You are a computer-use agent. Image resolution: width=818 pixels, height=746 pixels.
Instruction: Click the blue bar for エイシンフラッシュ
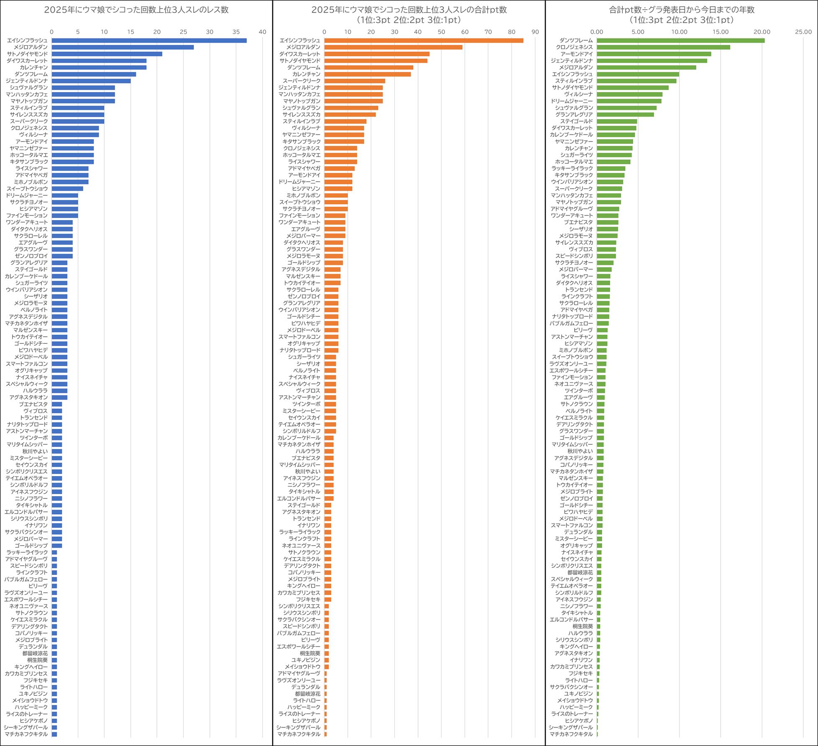click(149, 41)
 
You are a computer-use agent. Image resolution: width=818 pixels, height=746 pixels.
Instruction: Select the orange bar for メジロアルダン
click(393, 47)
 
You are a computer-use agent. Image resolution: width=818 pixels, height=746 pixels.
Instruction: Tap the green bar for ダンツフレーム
click(680, 41)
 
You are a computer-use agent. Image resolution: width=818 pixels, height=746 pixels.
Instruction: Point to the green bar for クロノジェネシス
click(663, 47)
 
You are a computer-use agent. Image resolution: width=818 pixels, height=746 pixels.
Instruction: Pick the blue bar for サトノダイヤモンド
click(107, 54)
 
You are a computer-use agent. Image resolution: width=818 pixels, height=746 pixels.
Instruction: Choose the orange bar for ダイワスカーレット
click(377, 54)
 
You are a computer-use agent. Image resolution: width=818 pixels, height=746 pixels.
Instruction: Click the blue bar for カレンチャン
click(99, 67)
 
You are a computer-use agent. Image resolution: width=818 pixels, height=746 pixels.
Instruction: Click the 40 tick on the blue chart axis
click(262, 32)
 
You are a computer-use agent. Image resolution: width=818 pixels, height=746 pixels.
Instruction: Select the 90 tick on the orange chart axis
click(535, 32)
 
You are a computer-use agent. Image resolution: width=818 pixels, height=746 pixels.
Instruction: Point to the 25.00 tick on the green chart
click(803, 32)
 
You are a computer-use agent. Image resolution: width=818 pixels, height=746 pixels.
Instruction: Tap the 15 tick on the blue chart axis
click(130, 32)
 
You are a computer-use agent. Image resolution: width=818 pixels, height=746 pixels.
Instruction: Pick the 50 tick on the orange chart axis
click(441, 32)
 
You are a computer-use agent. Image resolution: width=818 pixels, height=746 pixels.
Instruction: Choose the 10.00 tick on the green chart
click(679, 32)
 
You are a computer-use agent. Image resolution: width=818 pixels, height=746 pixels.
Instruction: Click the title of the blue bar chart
click(136, 10)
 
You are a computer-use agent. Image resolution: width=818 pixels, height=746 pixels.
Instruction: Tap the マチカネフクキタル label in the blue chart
click(26, 734)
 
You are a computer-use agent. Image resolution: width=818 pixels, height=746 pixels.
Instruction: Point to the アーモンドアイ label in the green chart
click(576, 54)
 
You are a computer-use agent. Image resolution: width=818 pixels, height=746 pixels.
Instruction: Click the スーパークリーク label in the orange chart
click(301, 81)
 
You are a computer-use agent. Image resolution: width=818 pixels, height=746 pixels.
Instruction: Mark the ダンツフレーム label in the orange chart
click(303, 67)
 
